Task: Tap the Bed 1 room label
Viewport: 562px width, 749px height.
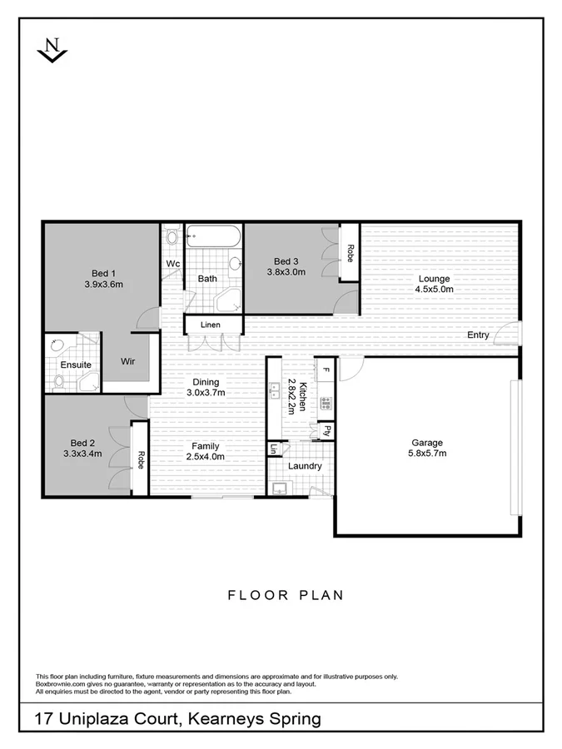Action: coord(103,273)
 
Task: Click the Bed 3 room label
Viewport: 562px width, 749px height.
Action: coord(281,260)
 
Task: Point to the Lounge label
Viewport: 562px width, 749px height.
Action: coord(434,279)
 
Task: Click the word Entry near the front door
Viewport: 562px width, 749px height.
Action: coord(478,335)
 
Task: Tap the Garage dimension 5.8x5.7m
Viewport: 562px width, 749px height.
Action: coord(427,454)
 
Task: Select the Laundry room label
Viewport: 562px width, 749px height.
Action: coord(305,466)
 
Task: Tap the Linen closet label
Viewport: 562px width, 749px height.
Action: coord(210,324)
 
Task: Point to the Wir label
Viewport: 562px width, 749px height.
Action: coord(127,362)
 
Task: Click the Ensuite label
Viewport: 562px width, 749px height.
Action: coord(76,365)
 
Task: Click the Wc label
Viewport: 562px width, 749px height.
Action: coord(173,264)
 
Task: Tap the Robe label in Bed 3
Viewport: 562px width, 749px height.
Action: coord(350,253)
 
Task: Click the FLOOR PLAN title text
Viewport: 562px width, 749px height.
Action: coord(286,595)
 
